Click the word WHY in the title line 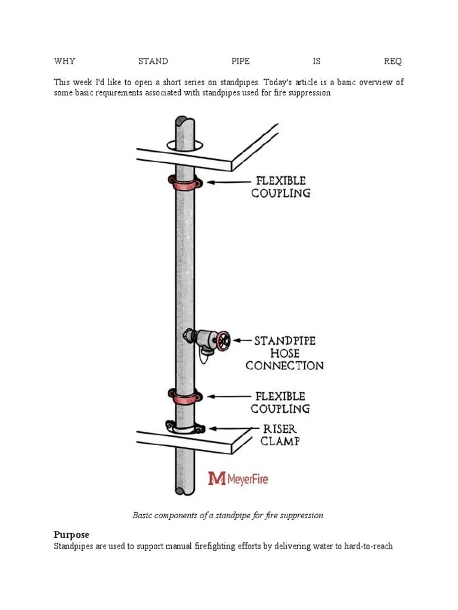pos(64,61)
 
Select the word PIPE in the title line pos(240,61)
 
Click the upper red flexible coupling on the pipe pos(184,183)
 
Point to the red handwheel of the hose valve pos(223,341)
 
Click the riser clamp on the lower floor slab pos(185,427)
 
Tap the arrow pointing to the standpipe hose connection pos(242,341)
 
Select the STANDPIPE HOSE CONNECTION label pos(285,353)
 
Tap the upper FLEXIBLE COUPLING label pos(281,187)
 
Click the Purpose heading pos(72,534)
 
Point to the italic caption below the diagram pos(228,515)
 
